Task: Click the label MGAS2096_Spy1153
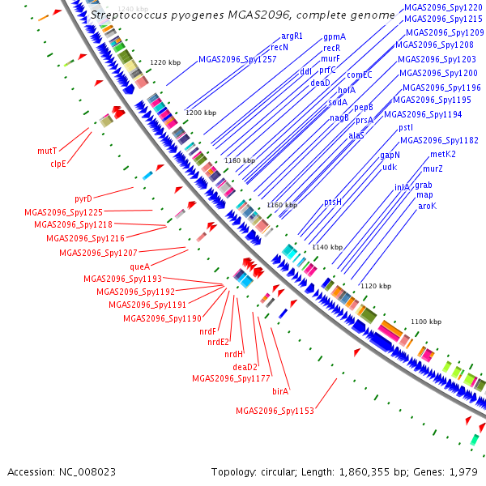[x=275, y=411]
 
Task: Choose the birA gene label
[x=280, y=390]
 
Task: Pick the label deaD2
[x=245, y=367]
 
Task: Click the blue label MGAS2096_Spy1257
[x=237, y=59]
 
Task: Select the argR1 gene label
[x=292, y=36]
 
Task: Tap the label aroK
[x=427, y=206]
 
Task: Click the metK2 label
[x=443, y=154]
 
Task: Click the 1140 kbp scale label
[x=327, y=247]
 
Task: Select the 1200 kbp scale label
[x=201, y=113]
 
